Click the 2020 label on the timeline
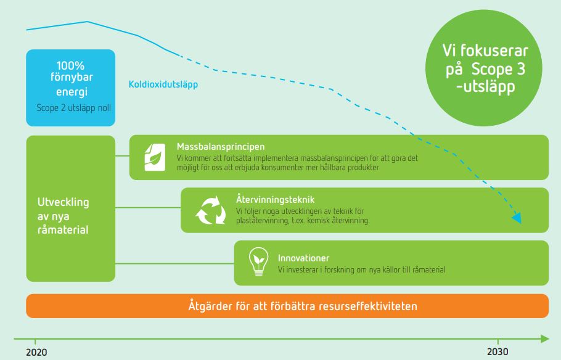[36, 352]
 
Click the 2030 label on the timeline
[498, 352]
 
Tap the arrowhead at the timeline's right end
[544, 338]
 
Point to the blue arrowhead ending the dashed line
[517, 218]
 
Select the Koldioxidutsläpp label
[163, 84]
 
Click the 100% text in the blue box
[70, 65]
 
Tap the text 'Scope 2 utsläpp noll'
[74, 108]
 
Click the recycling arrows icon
[211, 210]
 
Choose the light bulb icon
[258, 261]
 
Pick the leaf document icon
[155, 157]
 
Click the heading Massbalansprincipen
[221, 146]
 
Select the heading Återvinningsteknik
[275, 199]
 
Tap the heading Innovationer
[303, 258]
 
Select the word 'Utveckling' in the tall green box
[63, 202]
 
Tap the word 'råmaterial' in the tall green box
[63, 229]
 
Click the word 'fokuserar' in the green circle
[494, 51]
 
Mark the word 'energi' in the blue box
[72, 92]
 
